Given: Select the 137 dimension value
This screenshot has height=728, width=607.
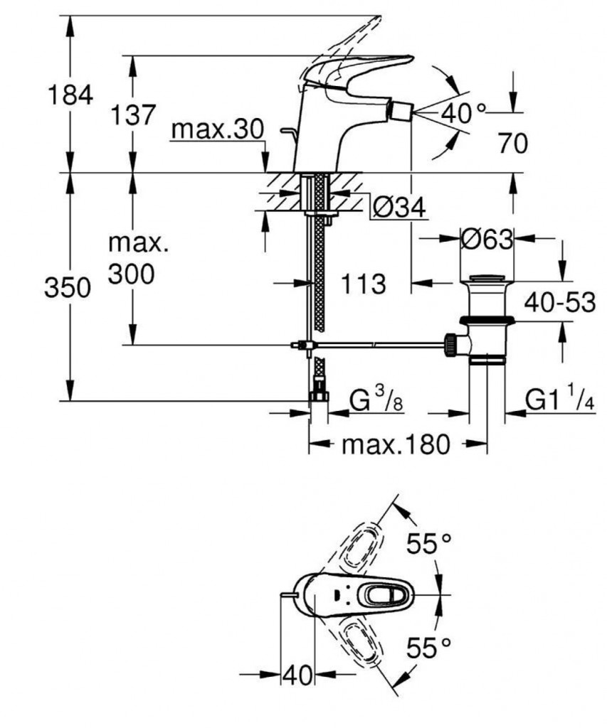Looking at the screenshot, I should tap(132, 114).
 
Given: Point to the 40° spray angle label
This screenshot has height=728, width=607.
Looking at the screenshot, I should tap(463, 112).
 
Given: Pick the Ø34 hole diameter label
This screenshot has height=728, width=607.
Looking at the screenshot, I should tap(398, 208).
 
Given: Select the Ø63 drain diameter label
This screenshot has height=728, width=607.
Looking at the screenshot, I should tap(486, 240).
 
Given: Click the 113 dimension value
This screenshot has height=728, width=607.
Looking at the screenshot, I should tap(363, 284).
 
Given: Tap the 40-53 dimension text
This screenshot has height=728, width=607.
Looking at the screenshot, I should tap(559, 302).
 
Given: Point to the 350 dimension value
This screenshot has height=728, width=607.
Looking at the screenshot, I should tap(68, 289).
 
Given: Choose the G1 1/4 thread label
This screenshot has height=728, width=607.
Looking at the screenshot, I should tap(559, 400).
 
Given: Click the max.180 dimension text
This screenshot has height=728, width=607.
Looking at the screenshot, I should tap(396, 445).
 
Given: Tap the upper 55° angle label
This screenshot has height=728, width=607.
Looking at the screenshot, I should tap(429, 545).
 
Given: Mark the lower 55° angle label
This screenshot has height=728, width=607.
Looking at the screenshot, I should tap(429, 648).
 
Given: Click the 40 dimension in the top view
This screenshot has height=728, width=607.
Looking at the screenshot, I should tap(298, 675).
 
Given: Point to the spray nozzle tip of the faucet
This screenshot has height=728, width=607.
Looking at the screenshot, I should tap(403, 112).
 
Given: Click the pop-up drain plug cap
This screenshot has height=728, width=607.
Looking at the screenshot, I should tap(488, 277).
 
